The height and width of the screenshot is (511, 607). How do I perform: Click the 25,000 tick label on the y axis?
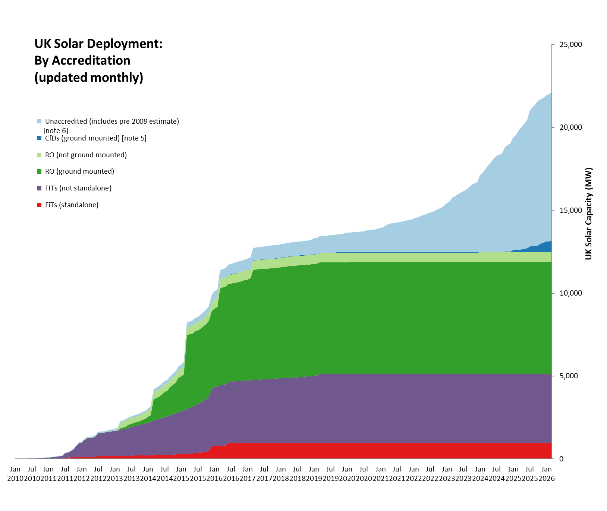tap(571, 45)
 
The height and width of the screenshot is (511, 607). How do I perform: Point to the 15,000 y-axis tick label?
tap(571, 210)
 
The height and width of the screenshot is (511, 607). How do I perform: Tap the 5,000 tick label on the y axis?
tap(569, 376)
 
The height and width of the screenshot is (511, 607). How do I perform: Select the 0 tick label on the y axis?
tap(561, 459)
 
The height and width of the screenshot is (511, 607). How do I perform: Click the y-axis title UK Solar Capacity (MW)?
tap(588, 214)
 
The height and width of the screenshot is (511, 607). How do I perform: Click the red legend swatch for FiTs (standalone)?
tap(40, 205)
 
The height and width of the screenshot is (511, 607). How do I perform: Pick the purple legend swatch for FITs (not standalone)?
tap(40, 188)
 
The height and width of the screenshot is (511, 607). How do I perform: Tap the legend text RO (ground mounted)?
tap(79, 171)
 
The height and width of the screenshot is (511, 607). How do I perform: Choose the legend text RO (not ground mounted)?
tap(86, 155)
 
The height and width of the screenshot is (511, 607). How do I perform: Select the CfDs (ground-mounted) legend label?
tap(95, 138)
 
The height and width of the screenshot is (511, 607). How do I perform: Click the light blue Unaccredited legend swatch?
tap(40, 122)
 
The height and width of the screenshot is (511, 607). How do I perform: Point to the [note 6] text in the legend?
tap(56, 130)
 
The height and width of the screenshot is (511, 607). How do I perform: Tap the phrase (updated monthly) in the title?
tap(89, 78)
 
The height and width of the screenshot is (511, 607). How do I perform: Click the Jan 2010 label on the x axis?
tap(15, 473)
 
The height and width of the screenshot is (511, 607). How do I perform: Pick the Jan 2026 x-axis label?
tap(547, 473)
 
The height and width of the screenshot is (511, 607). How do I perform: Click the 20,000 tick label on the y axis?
tap(571, 127)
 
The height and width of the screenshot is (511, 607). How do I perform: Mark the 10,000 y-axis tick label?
tap(571, 293)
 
